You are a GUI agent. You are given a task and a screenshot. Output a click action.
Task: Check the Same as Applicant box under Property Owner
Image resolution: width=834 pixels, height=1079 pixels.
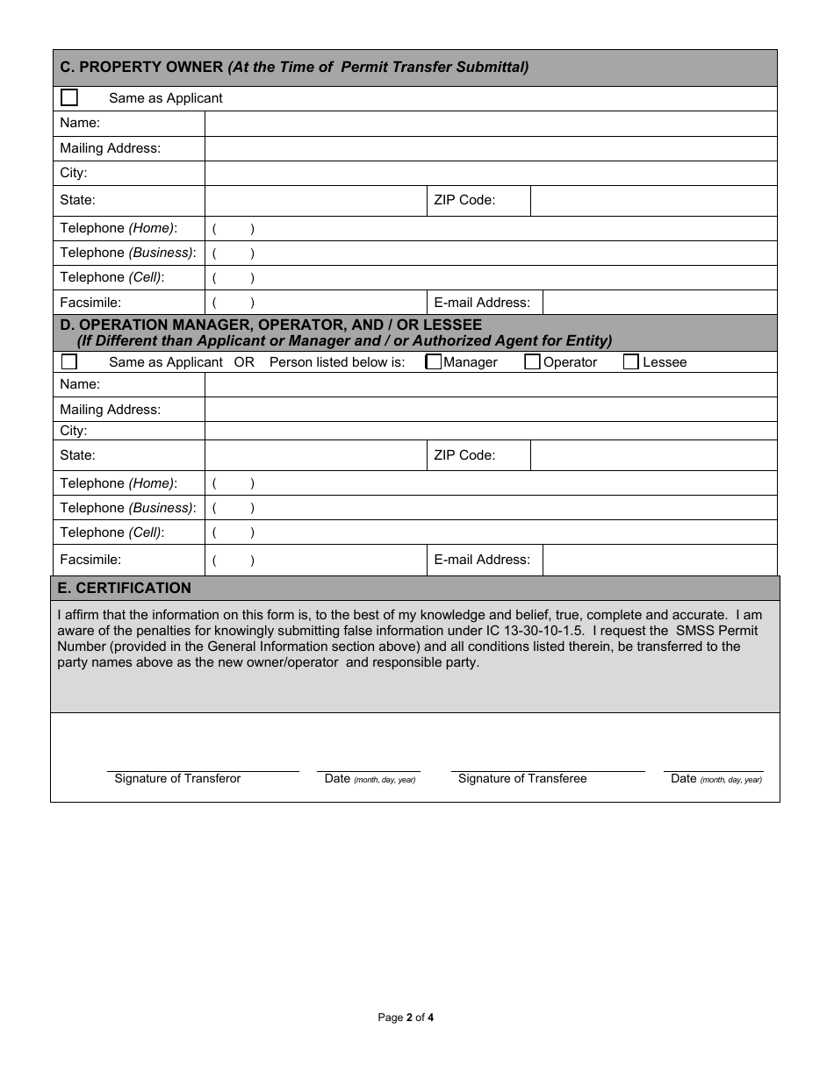point(69,97)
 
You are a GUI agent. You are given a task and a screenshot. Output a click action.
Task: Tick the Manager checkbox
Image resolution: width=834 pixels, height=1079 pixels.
point(434,361)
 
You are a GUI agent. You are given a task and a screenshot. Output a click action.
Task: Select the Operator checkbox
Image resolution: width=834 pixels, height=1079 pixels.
point(532,361)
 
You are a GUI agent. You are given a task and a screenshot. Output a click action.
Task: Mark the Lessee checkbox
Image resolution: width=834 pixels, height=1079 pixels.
point(631,361)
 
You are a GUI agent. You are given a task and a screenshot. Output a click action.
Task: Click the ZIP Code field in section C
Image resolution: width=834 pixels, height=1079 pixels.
point(653,200)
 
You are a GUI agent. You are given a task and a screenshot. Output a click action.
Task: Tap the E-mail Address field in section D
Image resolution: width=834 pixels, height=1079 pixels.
point(659,560)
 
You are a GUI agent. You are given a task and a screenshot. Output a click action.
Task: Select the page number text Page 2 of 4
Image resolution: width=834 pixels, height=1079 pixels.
point(406,1018)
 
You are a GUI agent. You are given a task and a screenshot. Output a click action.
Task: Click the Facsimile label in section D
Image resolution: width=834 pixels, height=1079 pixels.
point(90,559)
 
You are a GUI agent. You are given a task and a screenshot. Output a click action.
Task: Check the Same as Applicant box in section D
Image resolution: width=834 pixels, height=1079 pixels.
point(69,361)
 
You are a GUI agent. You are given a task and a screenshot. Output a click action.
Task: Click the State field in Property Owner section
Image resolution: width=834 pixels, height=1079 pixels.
point(314,200)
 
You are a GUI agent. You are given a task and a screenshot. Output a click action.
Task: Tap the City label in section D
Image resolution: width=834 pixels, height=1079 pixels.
point(74,431)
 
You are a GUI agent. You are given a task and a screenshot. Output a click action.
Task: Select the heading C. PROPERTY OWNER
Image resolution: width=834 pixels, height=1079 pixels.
point(140,68)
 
